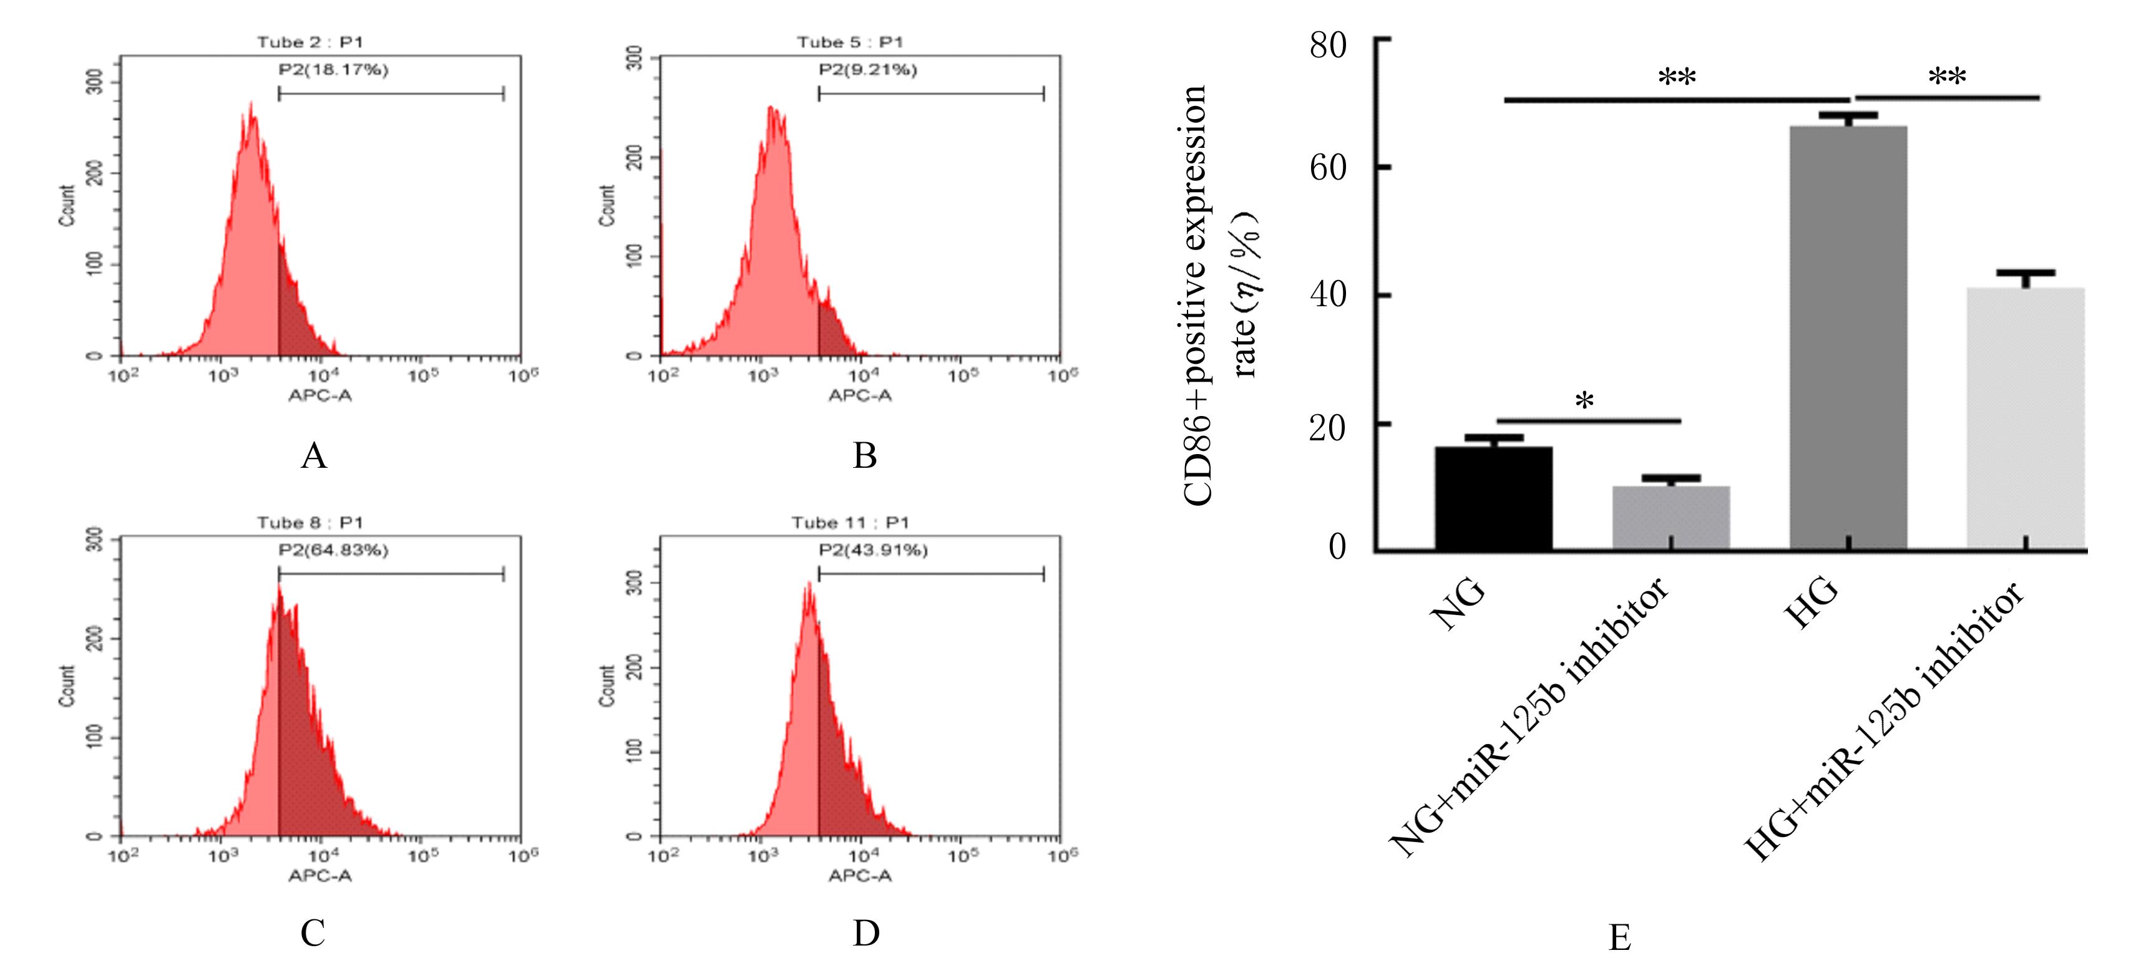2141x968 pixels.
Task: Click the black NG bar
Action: tap(1493, 498)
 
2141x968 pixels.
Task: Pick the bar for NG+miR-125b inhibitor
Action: tap(1670, 517)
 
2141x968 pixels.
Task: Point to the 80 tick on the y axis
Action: tap(1328, 45)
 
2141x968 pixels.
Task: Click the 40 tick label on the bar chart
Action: tap(1328, 294)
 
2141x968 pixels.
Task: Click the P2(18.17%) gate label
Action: tap(333, 70)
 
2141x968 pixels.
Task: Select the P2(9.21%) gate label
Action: tap(868, 70)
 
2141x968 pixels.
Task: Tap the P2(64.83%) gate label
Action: tap(333, 550)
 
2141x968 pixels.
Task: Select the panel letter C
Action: tap(313, 933)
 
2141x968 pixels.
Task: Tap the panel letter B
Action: tap(864, 455)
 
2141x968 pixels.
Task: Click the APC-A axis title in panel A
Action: tap(320, 395)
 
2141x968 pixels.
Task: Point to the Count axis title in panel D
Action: tap(607, 685)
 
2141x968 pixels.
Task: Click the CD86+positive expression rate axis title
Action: tap(1220, 295)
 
